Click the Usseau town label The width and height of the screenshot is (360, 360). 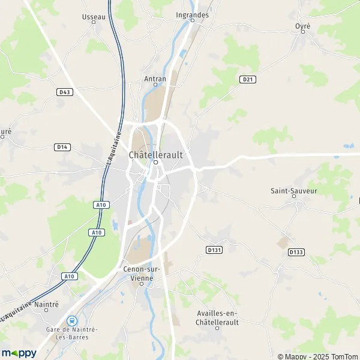point(93,17)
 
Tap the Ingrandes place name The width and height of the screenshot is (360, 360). point(192,14)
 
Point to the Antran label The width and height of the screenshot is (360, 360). point(155,78)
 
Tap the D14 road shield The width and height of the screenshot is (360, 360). point(61,146)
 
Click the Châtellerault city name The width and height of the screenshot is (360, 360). point(155,154)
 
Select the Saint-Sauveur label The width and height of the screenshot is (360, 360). point(293,191)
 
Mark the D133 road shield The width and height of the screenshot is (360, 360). point(295,252)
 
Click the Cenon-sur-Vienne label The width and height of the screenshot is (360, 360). point(142,274)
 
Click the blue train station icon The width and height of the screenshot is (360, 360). point(72,321)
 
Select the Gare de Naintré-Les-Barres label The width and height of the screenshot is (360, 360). point(72,334)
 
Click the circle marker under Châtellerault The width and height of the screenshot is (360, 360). point(155,162)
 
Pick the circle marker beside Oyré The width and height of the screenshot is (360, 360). point(307,34)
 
